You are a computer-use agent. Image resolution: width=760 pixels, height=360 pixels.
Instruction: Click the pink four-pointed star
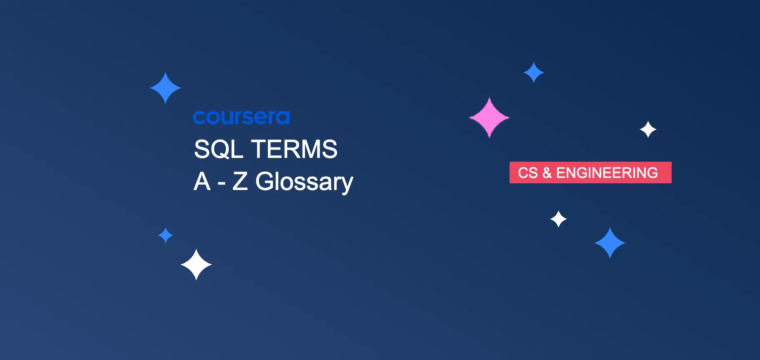coord(489,117)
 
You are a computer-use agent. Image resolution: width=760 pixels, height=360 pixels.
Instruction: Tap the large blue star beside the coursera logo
coord(165,88)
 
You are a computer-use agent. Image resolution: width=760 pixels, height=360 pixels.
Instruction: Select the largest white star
coord(196,265)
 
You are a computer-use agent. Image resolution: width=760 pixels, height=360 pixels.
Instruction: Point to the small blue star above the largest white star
coord(165,235)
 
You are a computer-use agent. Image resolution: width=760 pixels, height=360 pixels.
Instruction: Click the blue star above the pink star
coord(533,72)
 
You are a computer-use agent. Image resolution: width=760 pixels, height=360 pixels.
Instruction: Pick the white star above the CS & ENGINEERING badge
coord(648,130)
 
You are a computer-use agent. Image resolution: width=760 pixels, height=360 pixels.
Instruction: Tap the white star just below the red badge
coord(558,219)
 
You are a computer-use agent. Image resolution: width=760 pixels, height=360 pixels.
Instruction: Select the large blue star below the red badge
coord(610,243)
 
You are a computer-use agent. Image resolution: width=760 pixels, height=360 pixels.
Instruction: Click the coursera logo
coord(241,117)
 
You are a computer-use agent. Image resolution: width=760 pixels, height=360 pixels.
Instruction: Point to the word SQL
coord(219,149)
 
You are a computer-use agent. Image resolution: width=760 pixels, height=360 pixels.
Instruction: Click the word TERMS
coord(294,149)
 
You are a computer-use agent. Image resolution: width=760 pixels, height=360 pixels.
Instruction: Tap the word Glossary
coord(304,182)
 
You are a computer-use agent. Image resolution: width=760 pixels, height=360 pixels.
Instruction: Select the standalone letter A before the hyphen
coord(202,182)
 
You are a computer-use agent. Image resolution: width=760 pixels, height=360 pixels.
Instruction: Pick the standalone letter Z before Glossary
coord(240,182)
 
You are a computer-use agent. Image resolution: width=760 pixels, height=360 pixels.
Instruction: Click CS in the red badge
coord(527,172)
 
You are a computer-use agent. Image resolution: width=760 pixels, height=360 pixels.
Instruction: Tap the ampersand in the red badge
coord(547,172)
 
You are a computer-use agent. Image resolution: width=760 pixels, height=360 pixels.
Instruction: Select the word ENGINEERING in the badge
coord(607,172)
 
